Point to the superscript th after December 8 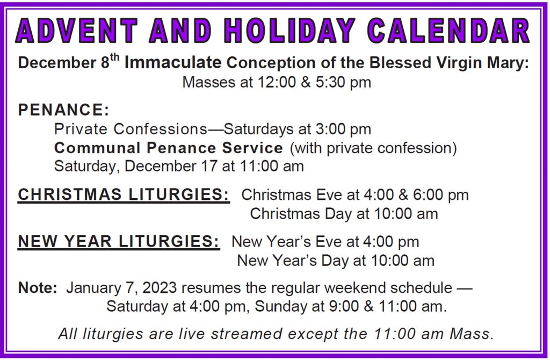point(115,57)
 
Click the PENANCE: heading point(63,110)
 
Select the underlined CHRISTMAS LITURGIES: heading point(124,195)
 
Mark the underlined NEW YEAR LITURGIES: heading point(119,241)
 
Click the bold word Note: point(38,287)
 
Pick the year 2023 point(160,287)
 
